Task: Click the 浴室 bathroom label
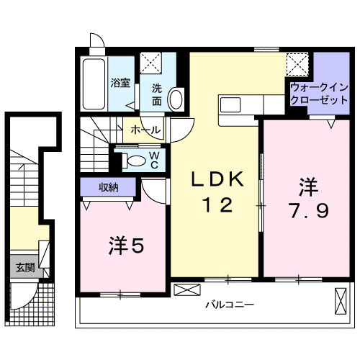(x=120, y=83)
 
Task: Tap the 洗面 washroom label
(x=156, y=95)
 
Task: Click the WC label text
(x=154, y=159)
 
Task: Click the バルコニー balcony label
(x=229, y=305)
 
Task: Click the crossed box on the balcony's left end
(x=185, y=291)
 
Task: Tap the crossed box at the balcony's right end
(x=339, y=299)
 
